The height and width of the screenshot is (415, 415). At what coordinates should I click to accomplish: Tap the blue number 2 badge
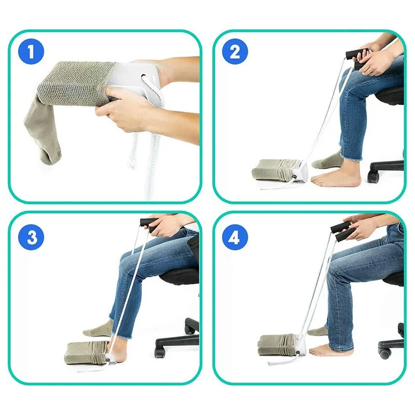pos(235,52)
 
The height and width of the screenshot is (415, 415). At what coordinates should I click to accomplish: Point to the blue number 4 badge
pos(235,238)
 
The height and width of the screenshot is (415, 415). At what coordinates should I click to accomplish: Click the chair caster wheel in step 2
pos(373,176)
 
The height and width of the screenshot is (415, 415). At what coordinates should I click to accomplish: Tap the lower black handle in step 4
pos(344,237)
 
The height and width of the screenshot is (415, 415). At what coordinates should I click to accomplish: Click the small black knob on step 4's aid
pos(291,353)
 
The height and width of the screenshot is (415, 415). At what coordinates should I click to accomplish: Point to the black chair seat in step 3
pos(179,275)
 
